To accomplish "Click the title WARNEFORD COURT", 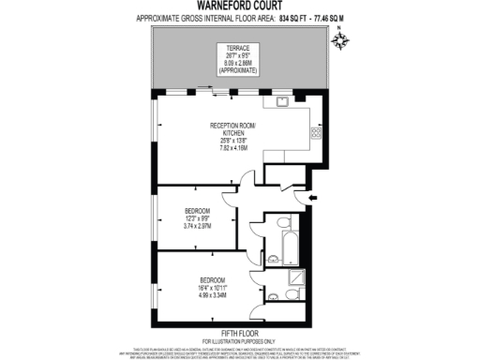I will click(x=240, y=7).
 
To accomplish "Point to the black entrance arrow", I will click(x=315, y=197).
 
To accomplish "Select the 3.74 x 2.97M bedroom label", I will click(x=199, y=226).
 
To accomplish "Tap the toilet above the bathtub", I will click(x=282, y=223).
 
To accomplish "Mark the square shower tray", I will click(x=296, y=277).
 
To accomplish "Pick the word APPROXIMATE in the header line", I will click(x=160, y=19).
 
